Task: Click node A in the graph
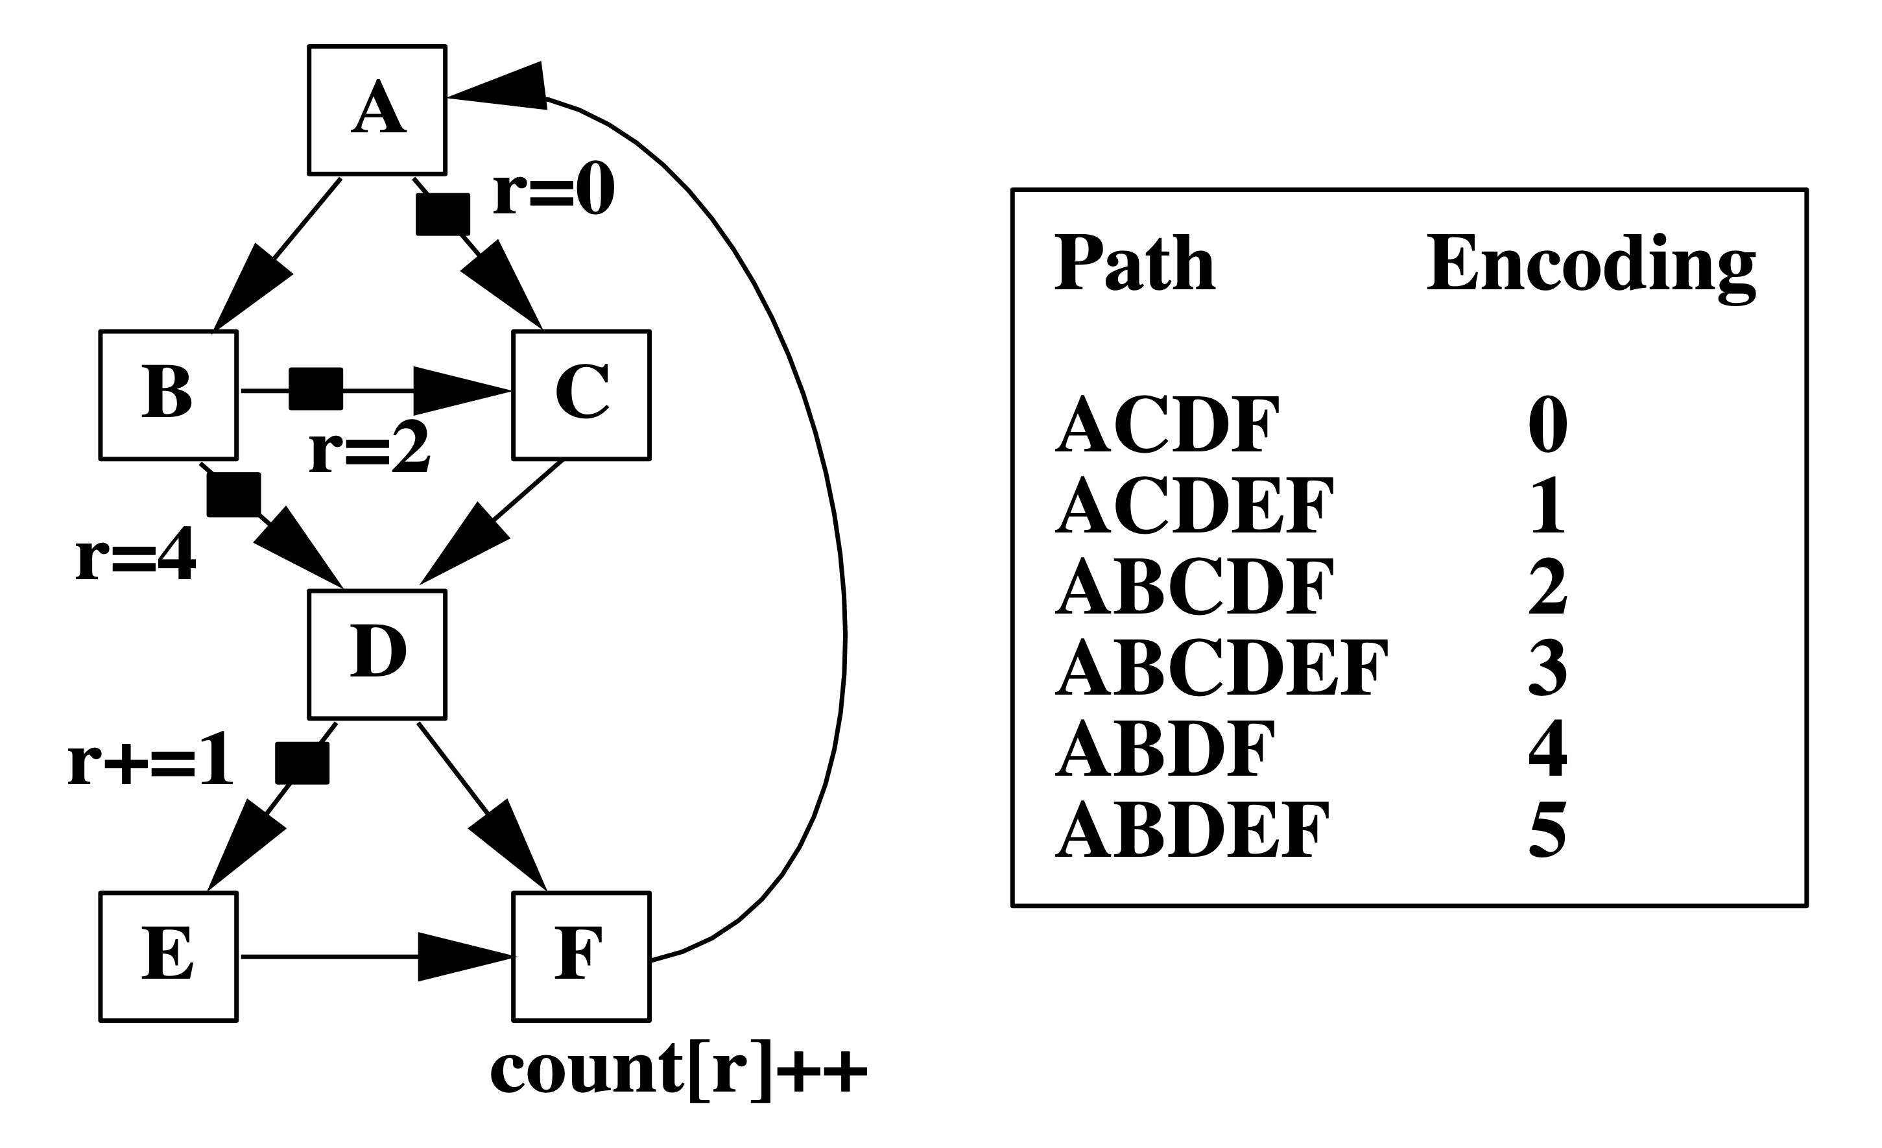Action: [377, 110]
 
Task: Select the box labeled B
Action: [169, 395]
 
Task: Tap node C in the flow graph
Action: [581, 395]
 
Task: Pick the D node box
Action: [377, 654]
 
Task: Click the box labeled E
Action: [169, 956]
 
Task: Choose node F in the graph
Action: [581, 956]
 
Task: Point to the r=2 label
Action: [370, 450]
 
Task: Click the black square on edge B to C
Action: [315, 389]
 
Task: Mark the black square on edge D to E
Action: [302, 763]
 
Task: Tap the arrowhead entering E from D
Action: [244, 847]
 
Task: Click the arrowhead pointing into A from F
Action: [504, 88]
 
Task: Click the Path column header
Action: [1135, 263]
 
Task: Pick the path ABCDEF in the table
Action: [1221, 667]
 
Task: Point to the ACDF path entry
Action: [1167, 425]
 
